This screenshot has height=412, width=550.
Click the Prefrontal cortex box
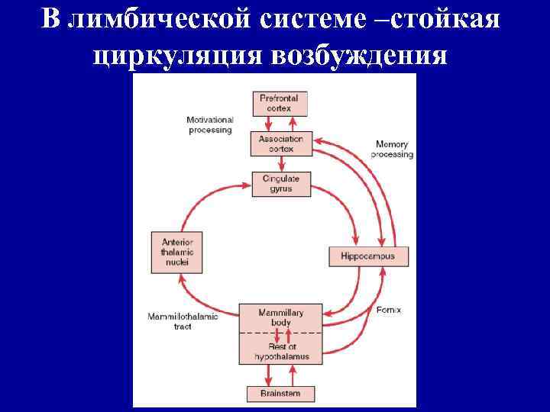(280, 104)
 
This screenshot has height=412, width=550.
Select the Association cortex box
(281, 144)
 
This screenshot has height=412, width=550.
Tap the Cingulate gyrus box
(281, 184)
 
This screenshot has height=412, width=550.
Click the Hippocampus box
(368, 256)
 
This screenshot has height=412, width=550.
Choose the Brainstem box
(280, 394)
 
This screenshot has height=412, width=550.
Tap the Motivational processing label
(209, 125)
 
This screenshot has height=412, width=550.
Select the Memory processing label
(392, 150)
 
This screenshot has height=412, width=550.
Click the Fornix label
(389, 311)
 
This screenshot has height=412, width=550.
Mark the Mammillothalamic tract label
(182, 321)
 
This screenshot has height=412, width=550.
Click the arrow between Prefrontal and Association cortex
(280, 124)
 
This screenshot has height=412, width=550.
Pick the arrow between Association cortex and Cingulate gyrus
(280, 164)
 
